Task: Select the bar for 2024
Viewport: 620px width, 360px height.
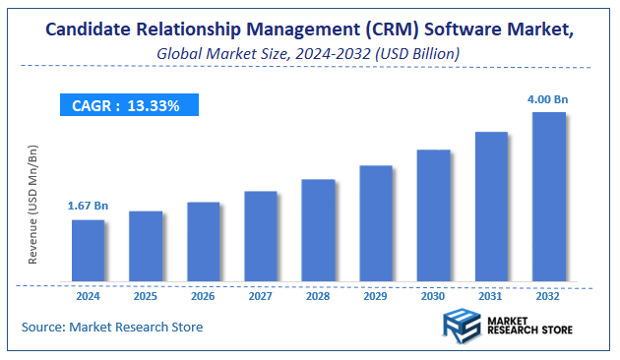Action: [x=88, y=251]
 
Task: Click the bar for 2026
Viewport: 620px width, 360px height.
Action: [x=203, y=242]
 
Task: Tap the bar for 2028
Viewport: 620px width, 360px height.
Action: [x=318, y=231]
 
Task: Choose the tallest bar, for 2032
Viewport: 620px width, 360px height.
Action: [x=548, y=197]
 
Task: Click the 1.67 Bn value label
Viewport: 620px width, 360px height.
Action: [x=87, y=207]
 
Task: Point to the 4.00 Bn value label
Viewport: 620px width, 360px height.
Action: [x=548, y=98]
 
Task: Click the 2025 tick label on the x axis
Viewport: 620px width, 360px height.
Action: [x=146, y=296]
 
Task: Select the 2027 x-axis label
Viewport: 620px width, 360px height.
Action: [x=261, y=296]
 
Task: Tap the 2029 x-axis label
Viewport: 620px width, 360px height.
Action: [x=376, y=296]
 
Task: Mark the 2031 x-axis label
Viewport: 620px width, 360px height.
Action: [x=491, y=296]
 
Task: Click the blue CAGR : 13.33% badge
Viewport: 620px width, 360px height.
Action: [x=126, y=105]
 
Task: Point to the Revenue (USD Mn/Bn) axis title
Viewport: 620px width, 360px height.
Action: [x=33, y=204]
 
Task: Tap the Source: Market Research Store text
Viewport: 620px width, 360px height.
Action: [x=112, y=327]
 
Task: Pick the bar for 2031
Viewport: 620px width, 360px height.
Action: [x=491, y=207]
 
